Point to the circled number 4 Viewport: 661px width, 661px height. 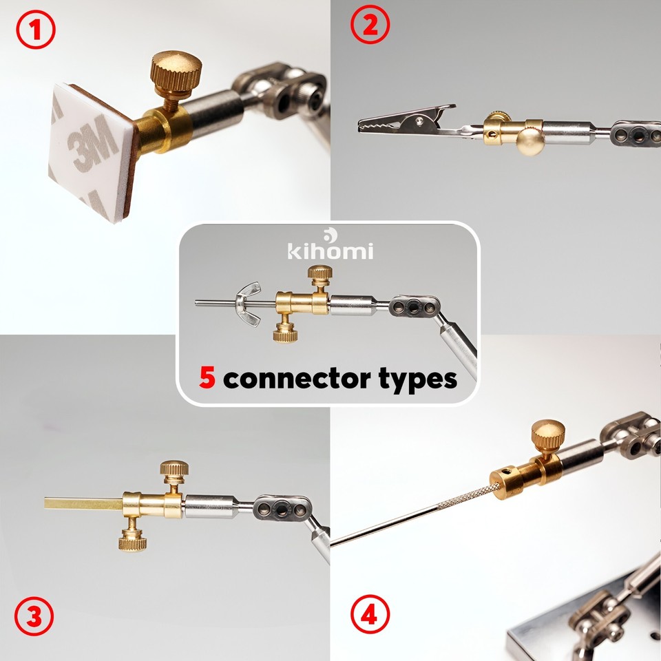[x=370, y=613]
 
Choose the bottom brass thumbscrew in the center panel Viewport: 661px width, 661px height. [x=284, y=334]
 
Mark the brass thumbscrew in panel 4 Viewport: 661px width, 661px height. [x=548, y=434]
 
